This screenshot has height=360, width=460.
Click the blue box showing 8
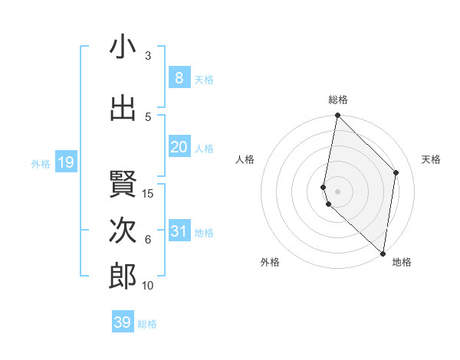coord(179,77)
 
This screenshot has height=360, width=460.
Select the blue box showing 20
coord(179,147)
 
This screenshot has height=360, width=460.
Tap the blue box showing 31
coord(179,231)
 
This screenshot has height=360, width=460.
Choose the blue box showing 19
coord(65,162)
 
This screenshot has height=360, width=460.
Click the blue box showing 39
coord(123,322)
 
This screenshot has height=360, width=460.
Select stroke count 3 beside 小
coord(148,55)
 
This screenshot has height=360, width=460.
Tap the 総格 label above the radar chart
coord(338,100)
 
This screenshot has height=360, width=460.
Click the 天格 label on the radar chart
coord(432,159)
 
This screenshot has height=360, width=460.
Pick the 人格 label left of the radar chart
coord(245,159)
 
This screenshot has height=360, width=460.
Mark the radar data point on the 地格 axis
coord(383,254)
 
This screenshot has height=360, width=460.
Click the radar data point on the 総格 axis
coord(338,116)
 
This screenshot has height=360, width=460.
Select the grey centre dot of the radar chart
coord(338,190)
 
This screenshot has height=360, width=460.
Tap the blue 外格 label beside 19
coord(40,163)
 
